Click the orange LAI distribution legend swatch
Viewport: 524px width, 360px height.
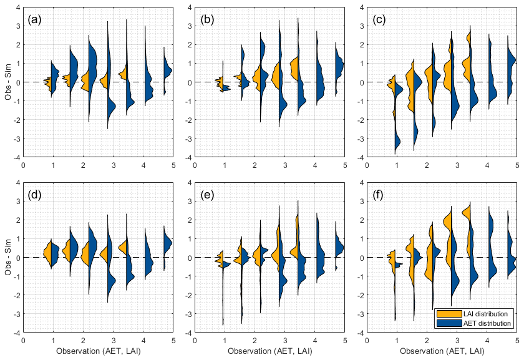tap(447, 314)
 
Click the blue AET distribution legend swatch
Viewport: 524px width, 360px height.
tap(447, 323)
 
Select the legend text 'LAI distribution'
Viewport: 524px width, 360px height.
tap(485, 314)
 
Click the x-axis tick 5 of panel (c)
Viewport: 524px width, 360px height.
tap(517, 165)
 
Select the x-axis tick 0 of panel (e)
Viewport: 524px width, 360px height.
tap(195, 341)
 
